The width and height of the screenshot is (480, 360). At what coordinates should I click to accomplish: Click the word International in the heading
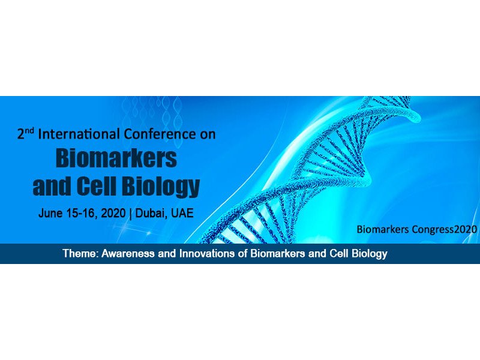[x=79, y=134]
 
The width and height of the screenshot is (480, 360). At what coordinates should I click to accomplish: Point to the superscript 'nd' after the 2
[x=29, y=131]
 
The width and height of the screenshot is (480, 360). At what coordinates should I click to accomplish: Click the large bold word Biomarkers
[x=116, y=158]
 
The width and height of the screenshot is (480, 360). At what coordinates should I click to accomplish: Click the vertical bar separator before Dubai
[x=130, y=214]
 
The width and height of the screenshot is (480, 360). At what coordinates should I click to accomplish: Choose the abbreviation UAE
[x=182, y=213]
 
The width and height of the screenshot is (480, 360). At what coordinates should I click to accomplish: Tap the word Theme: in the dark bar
[x=80, y=253]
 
